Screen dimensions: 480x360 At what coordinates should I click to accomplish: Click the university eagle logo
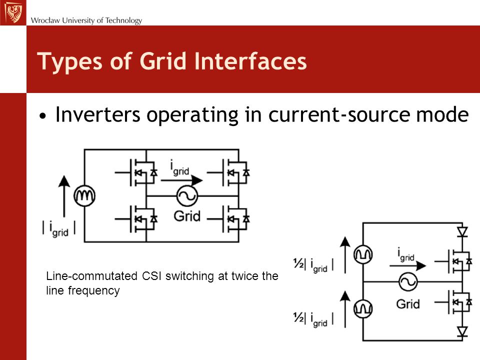13,12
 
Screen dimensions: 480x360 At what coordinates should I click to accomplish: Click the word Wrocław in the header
45,20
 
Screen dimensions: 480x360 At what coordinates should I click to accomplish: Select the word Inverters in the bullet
97,114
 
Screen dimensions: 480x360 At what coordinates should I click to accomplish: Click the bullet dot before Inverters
43,116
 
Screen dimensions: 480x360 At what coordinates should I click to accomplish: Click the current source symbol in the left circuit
84,195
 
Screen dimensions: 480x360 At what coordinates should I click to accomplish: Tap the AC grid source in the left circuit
187,196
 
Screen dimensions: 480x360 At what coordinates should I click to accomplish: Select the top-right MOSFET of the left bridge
228,172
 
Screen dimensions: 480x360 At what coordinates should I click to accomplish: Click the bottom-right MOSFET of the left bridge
228,219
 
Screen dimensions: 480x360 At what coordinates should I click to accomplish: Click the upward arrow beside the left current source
64,196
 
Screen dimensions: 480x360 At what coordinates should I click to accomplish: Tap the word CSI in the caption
151,276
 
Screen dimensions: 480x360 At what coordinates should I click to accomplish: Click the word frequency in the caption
93,290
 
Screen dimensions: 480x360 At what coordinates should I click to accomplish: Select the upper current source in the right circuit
363,254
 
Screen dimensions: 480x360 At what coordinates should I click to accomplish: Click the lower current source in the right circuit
363,308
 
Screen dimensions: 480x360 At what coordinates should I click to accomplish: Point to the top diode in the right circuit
462,231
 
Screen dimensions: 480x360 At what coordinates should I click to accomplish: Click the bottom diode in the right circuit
462,331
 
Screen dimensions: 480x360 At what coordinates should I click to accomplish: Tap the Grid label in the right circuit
408,304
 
